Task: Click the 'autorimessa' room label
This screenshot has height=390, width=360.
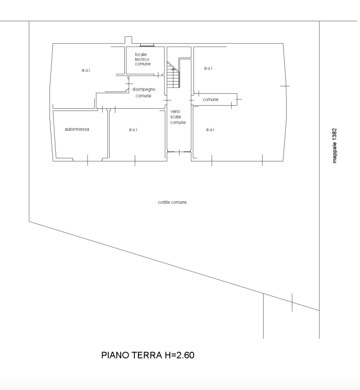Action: coord(77,129)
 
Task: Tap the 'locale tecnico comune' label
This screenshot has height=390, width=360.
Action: coord(143,59)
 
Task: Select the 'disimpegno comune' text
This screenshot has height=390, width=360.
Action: coord(144,92)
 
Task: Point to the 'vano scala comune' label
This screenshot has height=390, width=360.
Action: coord(178,117)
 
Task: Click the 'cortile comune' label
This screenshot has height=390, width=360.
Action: coord(172,202)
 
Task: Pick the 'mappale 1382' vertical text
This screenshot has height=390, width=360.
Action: coord(334,146)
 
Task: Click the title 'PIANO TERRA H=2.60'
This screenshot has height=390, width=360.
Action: coord(148,355)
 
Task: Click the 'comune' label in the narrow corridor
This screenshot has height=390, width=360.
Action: coord(211,99)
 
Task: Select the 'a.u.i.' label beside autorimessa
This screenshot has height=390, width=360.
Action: coord(134,129)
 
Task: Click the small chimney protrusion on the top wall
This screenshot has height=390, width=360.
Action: coord(128,40)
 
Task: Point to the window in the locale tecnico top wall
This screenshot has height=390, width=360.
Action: coord(147,45)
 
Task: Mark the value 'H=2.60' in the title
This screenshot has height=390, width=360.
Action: coord(180,355)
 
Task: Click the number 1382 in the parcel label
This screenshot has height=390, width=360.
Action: coord(334,134)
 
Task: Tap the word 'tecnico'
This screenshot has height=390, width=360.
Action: coord(142,59)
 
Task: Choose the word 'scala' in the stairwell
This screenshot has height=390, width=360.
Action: coord(176,117)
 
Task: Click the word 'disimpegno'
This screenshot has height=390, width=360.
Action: coord(144,89)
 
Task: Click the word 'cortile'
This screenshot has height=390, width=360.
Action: coord(164,202)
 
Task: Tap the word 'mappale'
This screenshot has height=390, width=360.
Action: coord(334,153)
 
